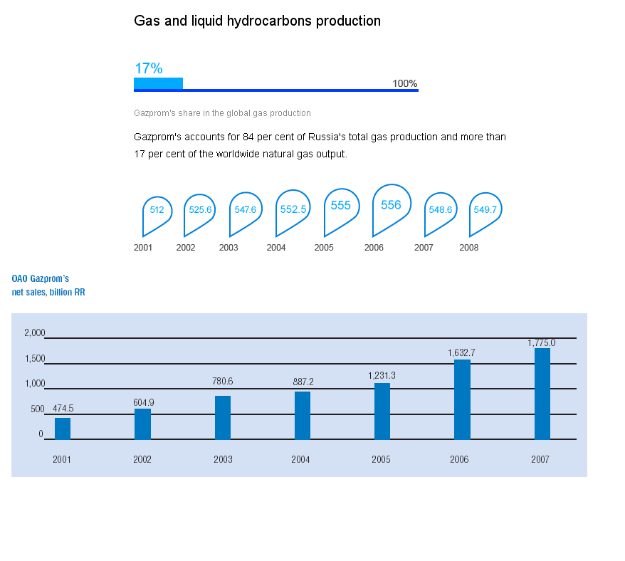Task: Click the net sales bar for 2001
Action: pos(63,429)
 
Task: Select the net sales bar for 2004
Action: pos(303,415)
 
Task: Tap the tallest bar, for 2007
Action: pos(542,394)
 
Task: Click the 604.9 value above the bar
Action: pos(143,402)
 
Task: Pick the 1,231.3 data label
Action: pos(382,375)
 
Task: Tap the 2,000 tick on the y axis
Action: pos(35,332)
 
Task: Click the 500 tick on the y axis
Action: pos(38,409)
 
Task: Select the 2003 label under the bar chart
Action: pos(223,459)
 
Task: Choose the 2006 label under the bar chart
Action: pos(459,459)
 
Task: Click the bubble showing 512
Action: pos(157,210)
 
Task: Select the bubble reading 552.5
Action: pos(293,209)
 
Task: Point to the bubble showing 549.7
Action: pos(485,210)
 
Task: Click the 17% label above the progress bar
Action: pos(149,68)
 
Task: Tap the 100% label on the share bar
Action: pos(404,83)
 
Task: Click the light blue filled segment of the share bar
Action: pos(158,83)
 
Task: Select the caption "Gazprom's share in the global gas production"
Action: pos(222,113)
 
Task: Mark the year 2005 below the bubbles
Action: pos(324,248)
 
